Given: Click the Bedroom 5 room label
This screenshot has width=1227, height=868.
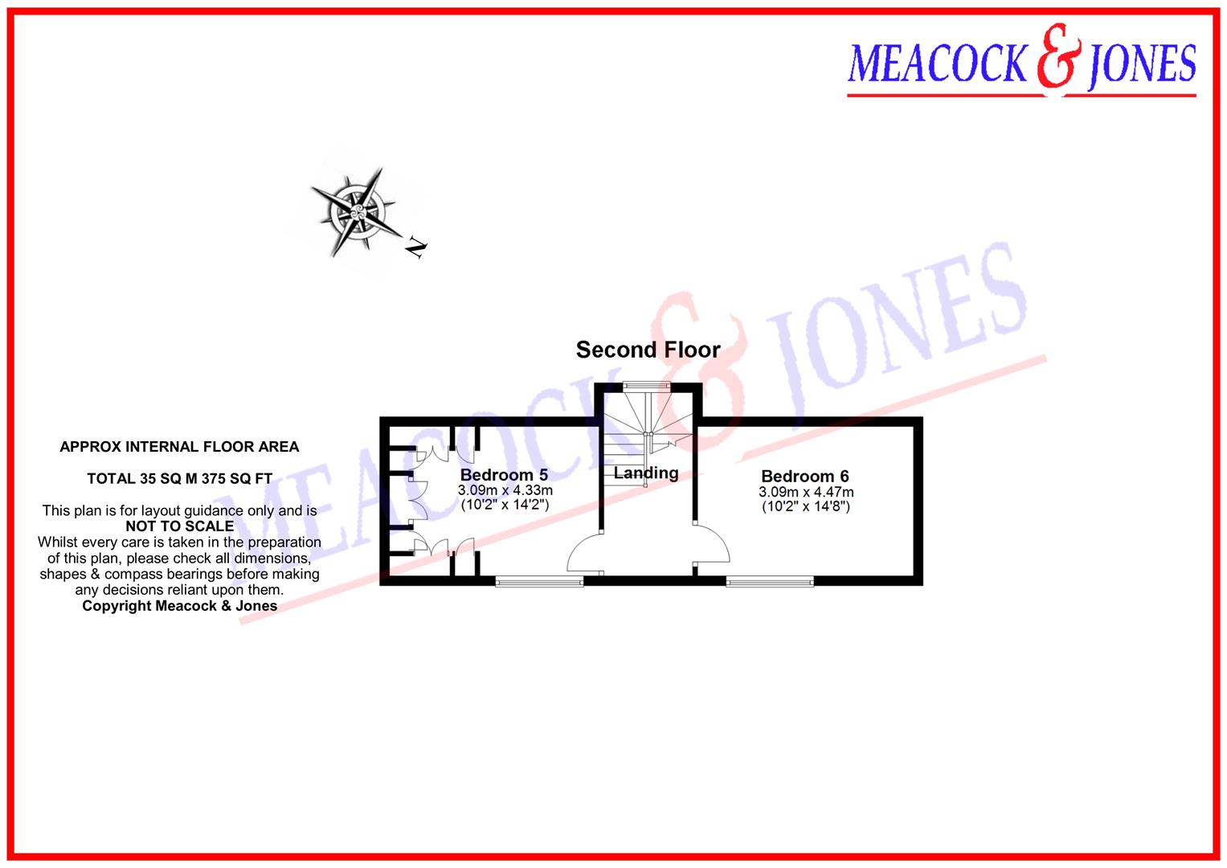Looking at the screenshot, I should pyautogui.click(x=504, y=475).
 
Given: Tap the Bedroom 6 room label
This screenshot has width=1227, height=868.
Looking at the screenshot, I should pyautogui.click(x=805, y=476).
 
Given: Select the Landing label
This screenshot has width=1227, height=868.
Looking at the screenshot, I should pyautogui.click(x=646, y=473).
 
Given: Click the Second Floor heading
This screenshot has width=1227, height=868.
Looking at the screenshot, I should pyautogui.click(x=648, y=350).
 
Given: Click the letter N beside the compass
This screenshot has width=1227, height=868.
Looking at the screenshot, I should pyautogui.click(x=415, y=248).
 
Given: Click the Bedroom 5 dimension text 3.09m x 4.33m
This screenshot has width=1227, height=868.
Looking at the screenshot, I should pyautogui.click(x=505, y=490).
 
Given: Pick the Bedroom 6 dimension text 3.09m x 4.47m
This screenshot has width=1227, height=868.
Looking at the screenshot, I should pyautogui.click(x=806, y=492).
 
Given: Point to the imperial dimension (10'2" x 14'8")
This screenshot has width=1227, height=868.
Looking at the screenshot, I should pyautogui.click(x=806, y=506).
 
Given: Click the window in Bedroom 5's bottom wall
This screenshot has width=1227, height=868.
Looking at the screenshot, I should pyautogui.click(x=538, y=581).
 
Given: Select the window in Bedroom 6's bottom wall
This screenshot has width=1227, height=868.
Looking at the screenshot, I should pyautogui.click(x=770, y=581).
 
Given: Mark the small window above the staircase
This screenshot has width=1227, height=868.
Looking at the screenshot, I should pyautogui.click(x=647, y=386).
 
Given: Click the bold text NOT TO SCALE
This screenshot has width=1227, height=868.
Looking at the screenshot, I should pyautogui.click(x=180, y=526).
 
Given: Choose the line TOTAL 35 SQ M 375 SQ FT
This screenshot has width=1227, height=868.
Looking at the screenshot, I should pyautogui.click(x=179, y=479).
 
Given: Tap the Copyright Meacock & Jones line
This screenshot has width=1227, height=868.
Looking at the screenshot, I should pyautogui.click(x=179, y=606).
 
